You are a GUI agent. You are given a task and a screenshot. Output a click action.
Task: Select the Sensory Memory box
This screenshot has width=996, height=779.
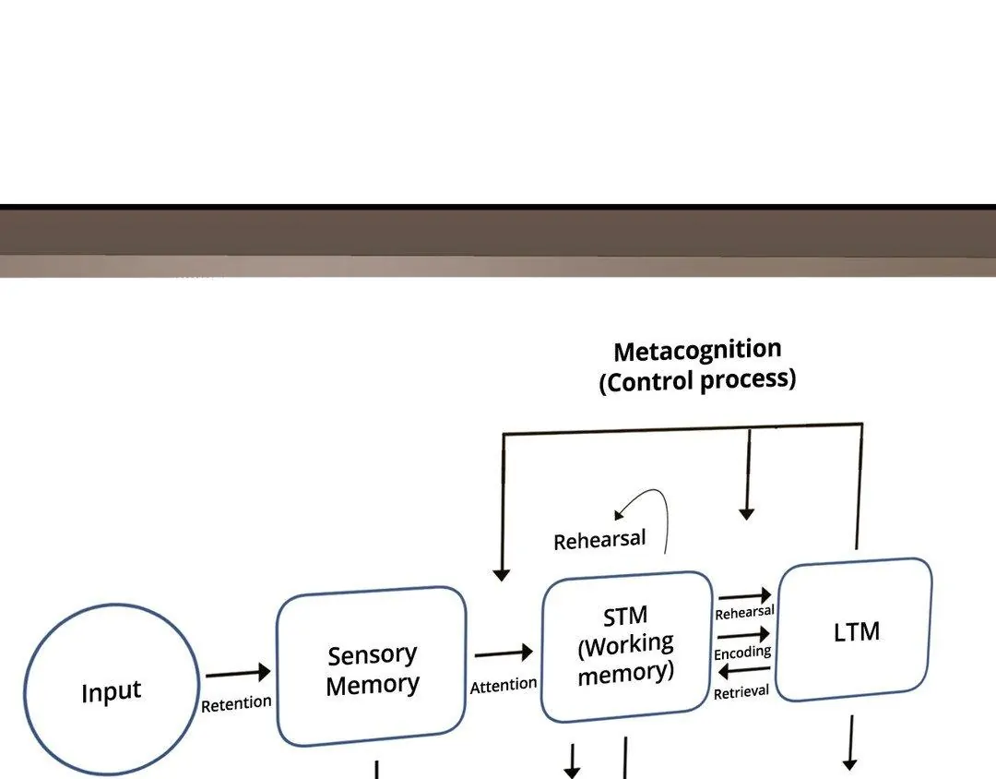coord(371,666)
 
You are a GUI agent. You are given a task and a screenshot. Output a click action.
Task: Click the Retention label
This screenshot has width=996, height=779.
coord(236,703)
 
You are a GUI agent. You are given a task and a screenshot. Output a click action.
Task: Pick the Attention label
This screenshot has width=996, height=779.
coord(504,685)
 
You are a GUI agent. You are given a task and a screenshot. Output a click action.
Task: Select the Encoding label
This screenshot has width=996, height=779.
coord(742,653)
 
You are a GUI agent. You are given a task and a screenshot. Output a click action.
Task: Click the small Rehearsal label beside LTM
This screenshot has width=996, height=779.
coord(744,612)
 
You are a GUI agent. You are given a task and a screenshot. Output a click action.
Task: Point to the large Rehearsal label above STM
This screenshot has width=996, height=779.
coord(599,540)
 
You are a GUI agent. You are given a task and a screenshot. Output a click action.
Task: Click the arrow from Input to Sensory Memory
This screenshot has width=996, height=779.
coord(238,674)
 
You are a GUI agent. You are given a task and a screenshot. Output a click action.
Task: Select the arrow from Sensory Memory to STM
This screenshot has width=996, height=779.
coord(504,653)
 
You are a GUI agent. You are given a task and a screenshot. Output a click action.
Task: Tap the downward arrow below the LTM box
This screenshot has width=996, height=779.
coord(849,743)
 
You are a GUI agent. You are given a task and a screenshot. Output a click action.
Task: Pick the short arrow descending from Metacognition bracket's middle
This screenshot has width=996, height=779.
coord(747,475)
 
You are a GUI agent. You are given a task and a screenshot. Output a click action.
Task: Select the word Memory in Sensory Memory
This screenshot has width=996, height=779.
coord(373,685)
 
